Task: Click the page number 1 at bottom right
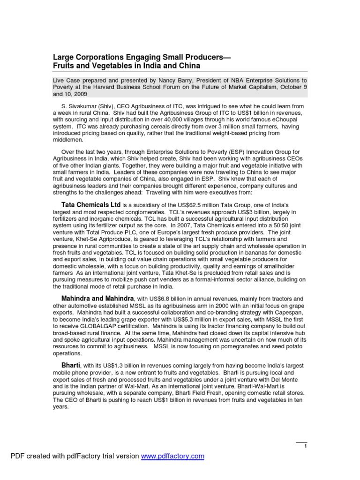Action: tap(305, 446)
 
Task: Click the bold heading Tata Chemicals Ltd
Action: tap(91, 205)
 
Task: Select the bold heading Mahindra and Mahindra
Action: tap(97, 298)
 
